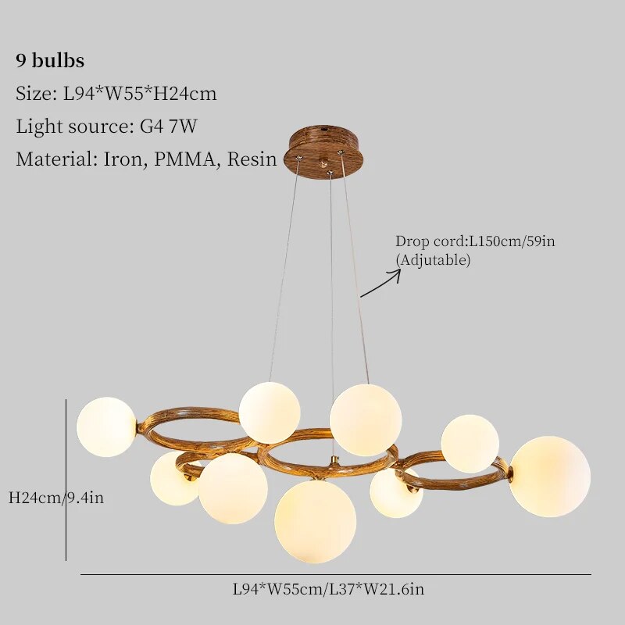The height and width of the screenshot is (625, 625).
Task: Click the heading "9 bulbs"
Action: click(50, 61)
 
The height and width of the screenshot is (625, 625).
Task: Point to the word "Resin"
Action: click(252, 159)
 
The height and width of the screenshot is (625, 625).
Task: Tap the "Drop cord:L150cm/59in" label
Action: click(475, 241)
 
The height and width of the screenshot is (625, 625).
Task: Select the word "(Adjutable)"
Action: click(433, 260)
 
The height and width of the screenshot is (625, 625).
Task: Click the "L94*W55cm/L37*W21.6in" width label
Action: click(328, 589)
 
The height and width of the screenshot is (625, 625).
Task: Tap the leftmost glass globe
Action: click(106, 427)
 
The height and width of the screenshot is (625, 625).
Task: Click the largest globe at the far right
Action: click(549, 476)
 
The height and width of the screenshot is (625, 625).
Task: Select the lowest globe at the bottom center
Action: click(315, 521)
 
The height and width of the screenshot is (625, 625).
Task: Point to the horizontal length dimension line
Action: click(336, 575)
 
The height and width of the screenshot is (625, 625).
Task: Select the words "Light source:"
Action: click(63, 127)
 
